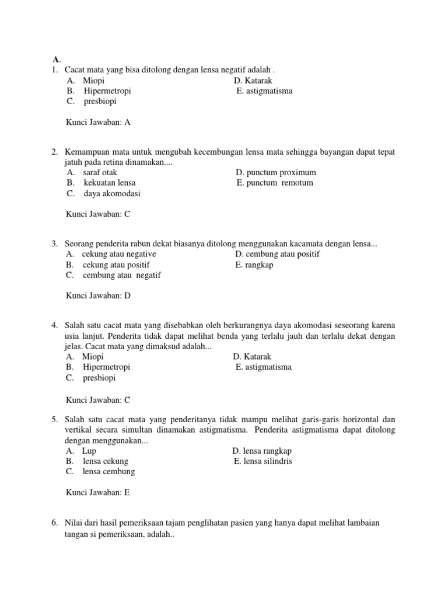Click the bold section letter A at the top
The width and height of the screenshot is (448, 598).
[55, 59]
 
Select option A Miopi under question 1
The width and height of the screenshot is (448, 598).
[93, 81]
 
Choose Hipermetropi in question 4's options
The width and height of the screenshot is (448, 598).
[106, 367]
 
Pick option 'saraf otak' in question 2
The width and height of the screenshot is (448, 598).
[100, 172]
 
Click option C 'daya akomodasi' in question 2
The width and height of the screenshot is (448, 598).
[111, 193]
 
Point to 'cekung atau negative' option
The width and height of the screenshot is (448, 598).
[119, 254]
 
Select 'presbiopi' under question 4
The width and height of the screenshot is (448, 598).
[99, 378]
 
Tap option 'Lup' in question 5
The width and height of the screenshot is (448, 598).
[89, 451]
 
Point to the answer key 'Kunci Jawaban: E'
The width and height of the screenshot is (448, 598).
[99, 492]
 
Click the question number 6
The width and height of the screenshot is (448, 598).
[54, 523]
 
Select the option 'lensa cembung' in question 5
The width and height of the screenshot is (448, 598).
[108, 471]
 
